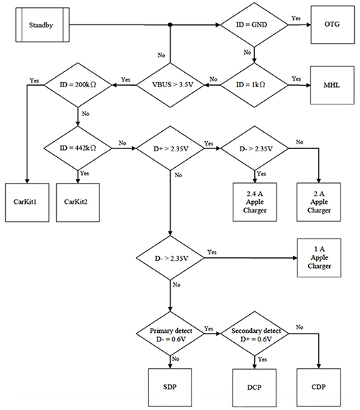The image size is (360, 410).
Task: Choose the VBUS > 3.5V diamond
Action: click(x=170, y=84)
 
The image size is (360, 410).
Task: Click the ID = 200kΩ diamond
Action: click(x=77, y=84)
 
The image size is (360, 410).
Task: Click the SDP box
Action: click(x=170, y=386)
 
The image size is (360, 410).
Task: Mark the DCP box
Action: click(x=256, y=386)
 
